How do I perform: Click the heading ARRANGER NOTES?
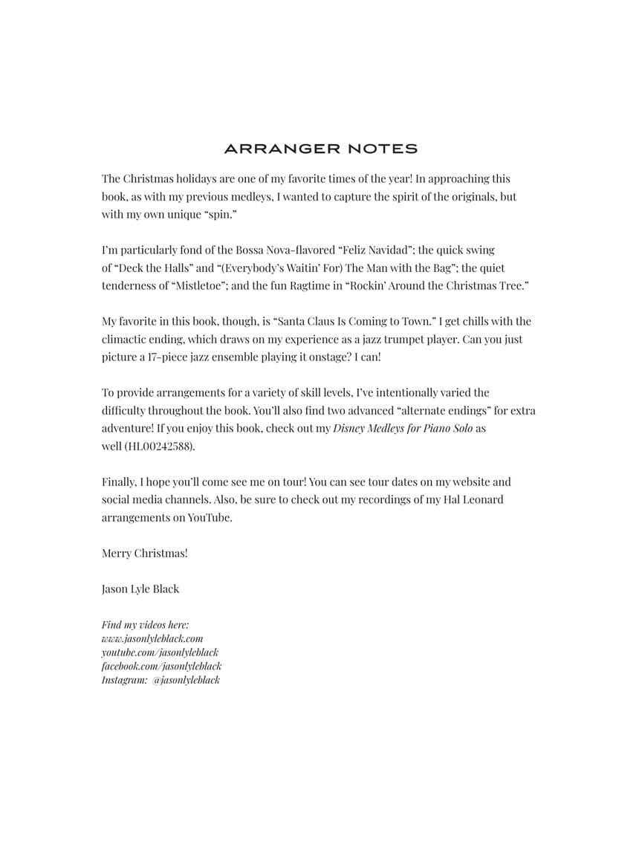pos(320,149)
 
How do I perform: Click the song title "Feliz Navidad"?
pos(373,250)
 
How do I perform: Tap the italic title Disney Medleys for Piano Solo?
pos(403,429)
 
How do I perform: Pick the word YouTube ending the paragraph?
pos(210,518)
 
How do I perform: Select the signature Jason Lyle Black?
pos(140,589)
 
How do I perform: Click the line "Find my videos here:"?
pos(145,625)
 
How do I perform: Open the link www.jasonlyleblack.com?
pos(152,638)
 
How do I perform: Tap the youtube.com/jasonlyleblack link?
pos(160,652)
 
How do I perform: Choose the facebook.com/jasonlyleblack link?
pos(161,666)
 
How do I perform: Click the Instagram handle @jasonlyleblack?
pos(186,680)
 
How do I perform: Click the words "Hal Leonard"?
pos(473,500)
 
